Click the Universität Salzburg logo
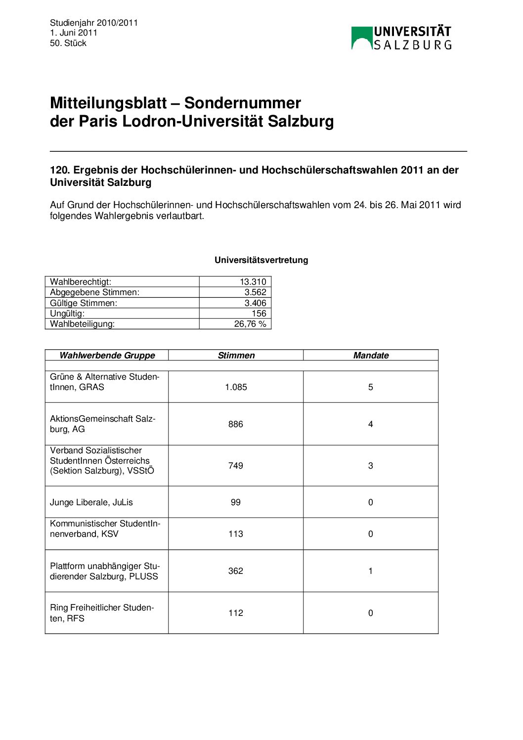[401, 38]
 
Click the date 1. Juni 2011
[74, 33]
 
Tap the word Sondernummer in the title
[242, 103]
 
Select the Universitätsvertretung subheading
[261, 260]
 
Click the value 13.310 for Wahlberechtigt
[253, 282]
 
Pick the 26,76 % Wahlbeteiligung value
[250, 324]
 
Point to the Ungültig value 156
[259, 313]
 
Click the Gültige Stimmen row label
[84, 303]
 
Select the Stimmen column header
[236, 355]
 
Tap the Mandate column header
[371, 355]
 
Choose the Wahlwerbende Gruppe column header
[107, 355]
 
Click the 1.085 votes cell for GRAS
[236, 387]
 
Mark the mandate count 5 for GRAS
[371, 387]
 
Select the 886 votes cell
[236, 424]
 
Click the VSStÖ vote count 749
[236, 466]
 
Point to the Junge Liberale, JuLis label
[91, 502]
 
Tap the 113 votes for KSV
[236, 534]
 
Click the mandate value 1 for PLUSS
[371, 571]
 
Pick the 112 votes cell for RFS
[236, 613]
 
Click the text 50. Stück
[68, 43]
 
